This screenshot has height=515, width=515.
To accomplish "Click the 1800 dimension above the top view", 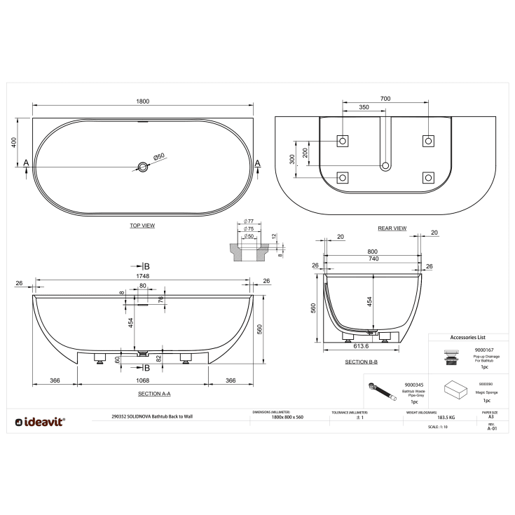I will point(142,101).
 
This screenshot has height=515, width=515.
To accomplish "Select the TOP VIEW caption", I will point(142,226).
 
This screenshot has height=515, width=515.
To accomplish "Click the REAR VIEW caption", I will point(392,228).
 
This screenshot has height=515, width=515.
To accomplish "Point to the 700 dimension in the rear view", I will point(385,99).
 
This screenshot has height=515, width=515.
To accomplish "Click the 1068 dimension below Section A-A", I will point(142,380).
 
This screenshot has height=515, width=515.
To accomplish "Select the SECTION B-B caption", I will point(362,362).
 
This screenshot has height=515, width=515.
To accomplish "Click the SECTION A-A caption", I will point(154,394).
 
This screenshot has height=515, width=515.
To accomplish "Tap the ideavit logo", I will point(41,421).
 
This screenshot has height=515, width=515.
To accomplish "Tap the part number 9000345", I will point(414,384).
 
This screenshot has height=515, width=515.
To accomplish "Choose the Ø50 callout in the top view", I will point(159,156).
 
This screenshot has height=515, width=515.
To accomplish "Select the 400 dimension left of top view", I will point(13,142).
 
